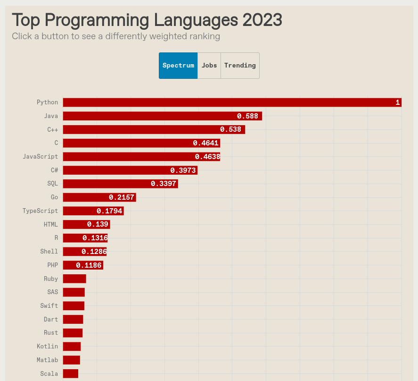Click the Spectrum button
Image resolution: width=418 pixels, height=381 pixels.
178,66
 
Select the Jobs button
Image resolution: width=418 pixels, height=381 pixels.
209,66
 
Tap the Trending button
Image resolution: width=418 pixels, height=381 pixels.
240,66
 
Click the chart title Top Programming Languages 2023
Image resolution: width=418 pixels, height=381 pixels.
147,20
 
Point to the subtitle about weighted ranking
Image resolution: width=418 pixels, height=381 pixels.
116,36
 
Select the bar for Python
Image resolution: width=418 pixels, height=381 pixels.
232,102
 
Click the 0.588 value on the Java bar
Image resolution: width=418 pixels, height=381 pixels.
247,116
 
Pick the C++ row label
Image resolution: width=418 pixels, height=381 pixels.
52,130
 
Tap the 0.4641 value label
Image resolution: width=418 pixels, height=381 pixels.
205,143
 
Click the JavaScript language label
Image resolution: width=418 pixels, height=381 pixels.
41,157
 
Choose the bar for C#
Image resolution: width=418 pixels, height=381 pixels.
130,170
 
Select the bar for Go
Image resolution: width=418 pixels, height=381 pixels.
99,197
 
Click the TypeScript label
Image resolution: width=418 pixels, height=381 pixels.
41,211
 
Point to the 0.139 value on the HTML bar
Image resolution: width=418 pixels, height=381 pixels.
98,225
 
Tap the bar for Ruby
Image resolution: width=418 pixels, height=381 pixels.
74,279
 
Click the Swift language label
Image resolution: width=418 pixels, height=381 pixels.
49,306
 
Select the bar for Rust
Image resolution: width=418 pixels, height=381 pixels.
73,333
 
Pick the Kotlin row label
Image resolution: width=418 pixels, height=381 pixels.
47,347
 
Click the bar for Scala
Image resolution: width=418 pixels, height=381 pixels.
71,373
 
